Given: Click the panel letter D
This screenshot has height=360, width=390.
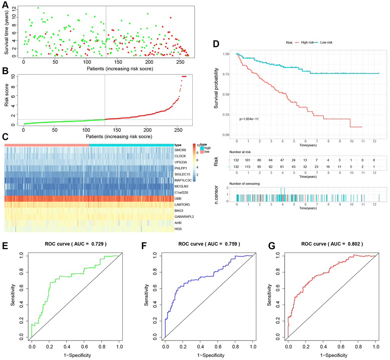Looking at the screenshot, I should coord(216,44).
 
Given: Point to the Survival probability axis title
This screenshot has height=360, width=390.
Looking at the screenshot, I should coord(216,88).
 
